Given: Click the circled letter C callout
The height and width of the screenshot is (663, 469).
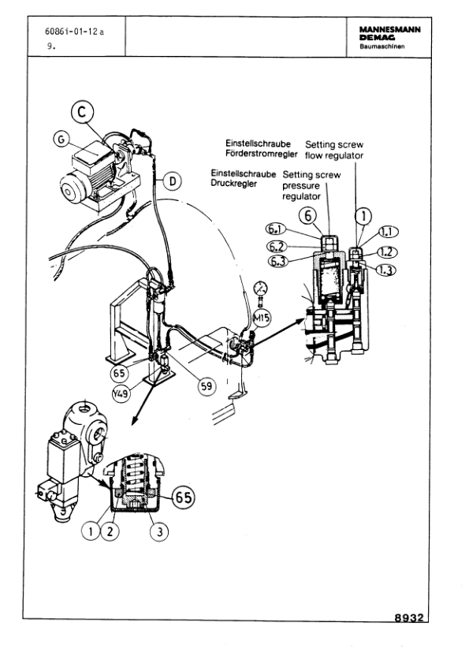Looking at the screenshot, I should pyautogui.click(x=82, y=112).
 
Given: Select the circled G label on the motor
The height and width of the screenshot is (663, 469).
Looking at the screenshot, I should pyautogui.click(x=58, y=139).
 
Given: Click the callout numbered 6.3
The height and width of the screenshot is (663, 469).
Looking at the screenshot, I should pyautogui.click(x=277, y=261).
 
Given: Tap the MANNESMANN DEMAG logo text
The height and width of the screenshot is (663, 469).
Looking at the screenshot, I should pyautogui.click(x=389, y=33).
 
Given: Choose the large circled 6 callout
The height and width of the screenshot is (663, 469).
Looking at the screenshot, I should pyautogui.click(x=310, y=213).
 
